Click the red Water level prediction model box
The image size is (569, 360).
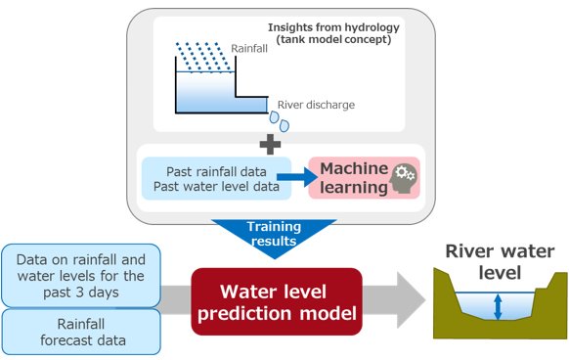pyautogui.click(x=277, y=301)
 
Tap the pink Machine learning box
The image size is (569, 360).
pyautogui.click(x=364, y=178)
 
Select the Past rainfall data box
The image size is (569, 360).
pyautogui.click(x=216, y=178)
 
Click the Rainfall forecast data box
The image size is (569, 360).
pyautogui.click(x=81, y=332)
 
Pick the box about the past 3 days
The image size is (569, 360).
pyautogui.click(x=81, y=276)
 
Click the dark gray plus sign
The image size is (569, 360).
pyautogui.click(x=270, y=144)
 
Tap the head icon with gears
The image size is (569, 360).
pyautogui.click(x=403, y=179)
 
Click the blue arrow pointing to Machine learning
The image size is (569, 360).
pyautogui.click(x=297, y=177)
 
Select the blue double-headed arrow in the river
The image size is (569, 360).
pyautogui.click(x=498, y=307)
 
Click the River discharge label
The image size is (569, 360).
pyautogui.click(x=316, y=105)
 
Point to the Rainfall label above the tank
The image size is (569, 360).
pyautogui.click(x=249, y=48)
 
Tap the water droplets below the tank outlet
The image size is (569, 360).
pyautogui.click(x=280, y=121)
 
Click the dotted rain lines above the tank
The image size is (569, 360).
pyautogui.click(x=203, y=57)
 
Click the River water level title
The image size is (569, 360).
pyautogui.click(x=500, y=261)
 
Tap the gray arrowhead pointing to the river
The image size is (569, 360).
pyautogui.click(x=412, y=300)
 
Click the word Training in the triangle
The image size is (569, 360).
pyautogui.click(x=274, y=227)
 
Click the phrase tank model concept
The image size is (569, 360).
pyautogui.click(x=333, y=39)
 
